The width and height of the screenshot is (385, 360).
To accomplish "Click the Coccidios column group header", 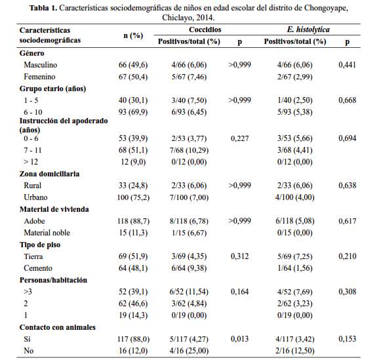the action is [205, 30].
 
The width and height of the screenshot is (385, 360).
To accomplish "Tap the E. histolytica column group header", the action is [308, 30].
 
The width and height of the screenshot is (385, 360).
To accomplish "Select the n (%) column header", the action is [133, 36].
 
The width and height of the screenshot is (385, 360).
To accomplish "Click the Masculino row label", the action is [41, 65].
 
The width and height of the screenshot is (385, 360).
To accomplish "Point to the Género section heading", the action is [32, 53].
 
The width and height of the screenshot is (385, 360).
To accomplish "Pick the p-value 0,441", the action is [347, 65].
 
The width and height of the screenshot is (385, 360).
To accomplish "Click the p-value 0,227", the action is [239, 138].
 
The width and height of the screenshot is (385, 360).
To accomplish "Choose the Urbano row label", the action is [35, 197].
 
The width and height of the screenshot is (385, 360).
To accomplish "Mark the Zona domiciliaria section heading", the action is [49, 174].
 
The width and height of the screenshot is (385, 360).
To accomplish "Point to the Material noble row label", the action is [47, 233].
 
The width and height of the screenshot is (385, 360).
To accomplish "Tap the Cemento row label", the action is [38, 268].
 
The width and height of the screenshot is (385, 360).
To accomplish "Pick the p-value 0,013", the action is [239, 339].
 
